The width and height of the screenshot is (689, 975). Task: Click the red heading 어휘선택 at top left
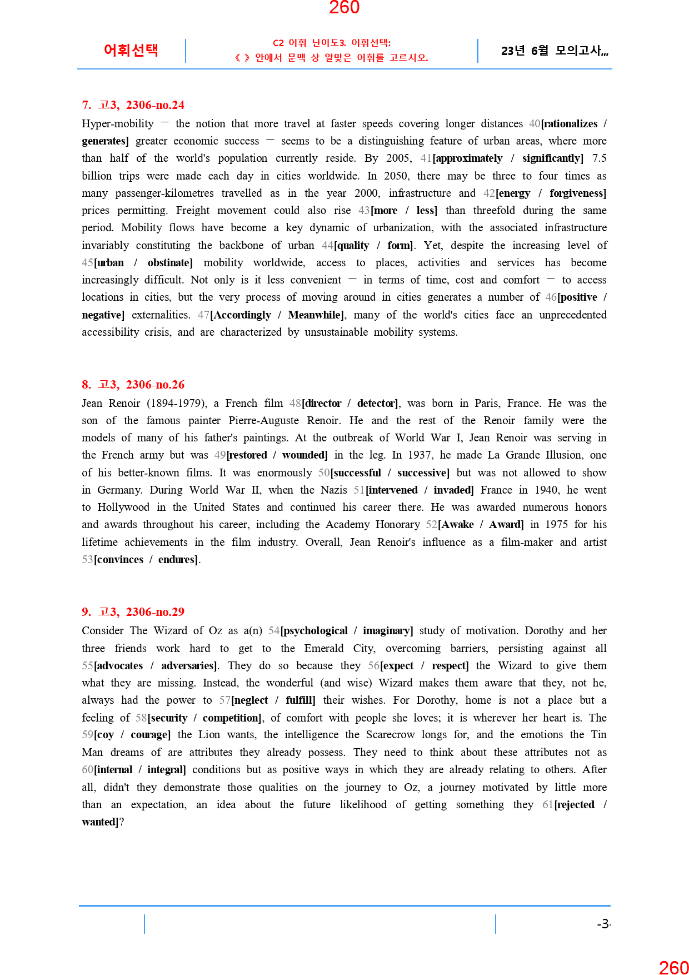(x=131, y=50)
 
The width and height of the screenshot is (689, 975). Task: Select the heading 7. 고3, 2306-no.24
(x=133, y=105)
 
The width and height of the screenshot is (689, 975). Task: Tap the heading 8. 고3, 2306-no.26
(x=133, y=385)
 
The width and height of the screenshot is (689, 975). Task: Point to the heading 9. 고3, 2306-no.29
(x=133, y=612)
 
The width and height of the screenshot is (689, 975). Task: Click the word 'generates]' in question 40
(x=105, y=141)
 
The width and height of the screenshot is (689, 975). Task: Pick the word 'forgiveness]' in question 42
(x=578, y=193)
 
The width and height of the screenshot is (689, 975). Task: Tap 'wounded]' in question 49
(x=305, y=455)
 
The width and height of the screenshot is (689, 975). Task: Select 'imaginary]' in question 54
(x=388, y=631)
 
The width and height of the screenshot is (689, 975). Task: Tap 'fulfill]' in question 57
(x=301, y=700)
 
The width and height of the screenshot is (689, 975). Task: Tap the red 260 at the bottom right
(x=673, y=967)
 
